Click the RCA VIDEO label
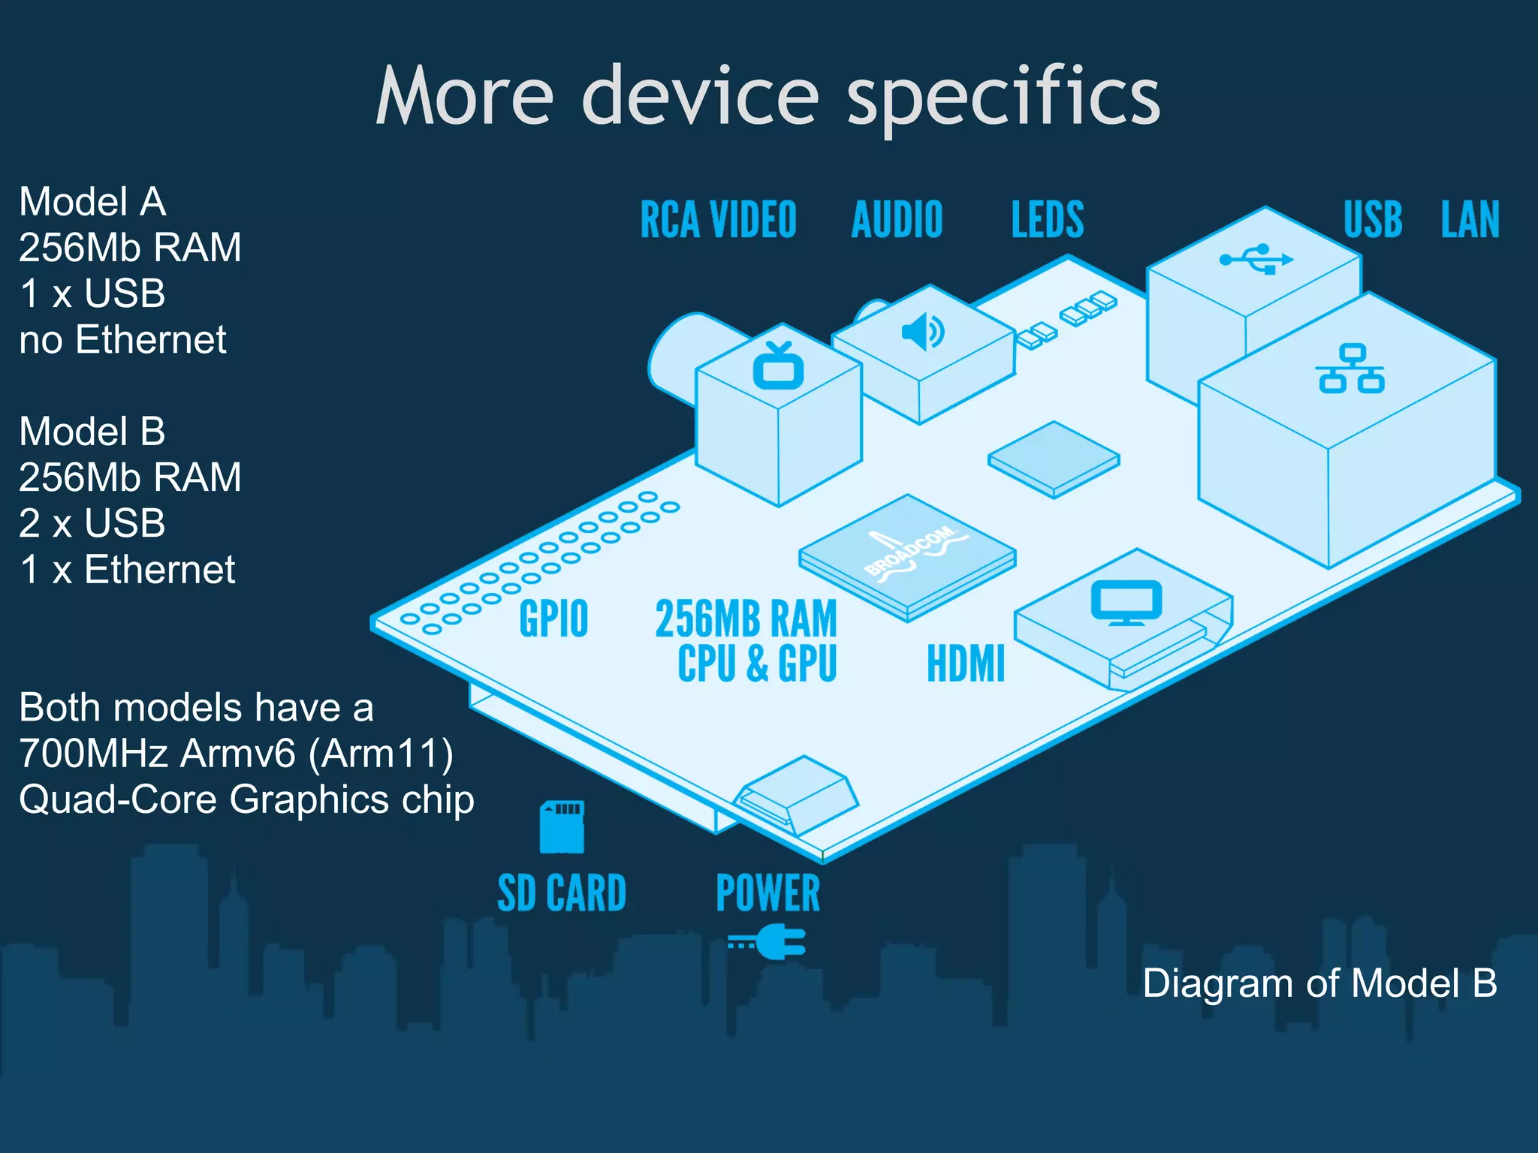click(x=718, y=220)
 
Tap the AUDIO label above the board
click(x=897, y=220)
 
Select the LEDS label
click(x=1048, y=220)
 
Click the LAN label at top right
click(x=1470, y=220)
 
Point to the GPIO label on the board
click(x=553, y=619)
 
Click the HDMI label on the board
click(x=966, y=664)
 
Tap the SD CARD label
click(x=562, y=893)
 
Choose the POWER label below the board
click(x=767, y=893)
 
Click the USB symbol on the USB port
click(x=1256, y=259)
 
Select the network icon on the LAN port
click(x=1350, y=369)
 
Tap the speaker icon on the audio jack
click(x=923, y=332)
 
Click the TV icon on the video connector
click(x=778, y=366)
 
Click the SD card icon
click(x=562, y=827)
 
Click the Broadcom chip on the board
click(x=907, y=557)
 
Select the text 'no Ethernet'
click(x=122, y=339)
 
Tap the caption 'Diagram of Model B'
click(x=1319, y=983)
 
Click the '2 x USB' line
click(x=92, y=523)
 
